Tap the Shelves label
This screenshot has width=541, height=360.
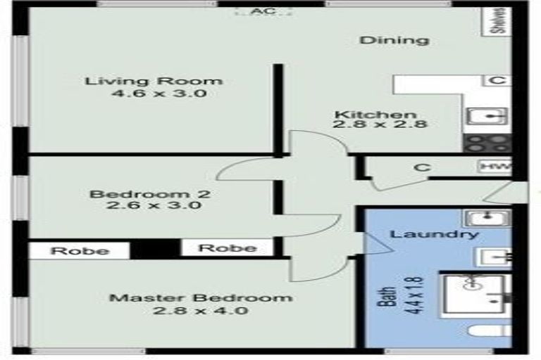(498, 21)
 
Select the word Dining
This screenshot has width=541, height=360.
(394, 40)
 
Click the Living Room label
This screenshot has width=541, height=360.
(154, 81)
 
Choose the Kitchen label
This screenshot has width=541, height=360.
(375, 115)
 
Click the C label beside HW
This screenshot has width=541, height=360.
(422, 168)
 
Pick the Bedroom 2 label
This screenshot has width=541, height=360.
(150, 193)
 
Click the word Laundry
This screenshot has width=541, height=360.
(434, 234)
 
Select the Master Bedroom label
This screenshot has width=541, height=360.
(200, 297)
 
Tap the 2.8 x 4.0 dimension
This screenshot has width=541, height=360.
(200, 310)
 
